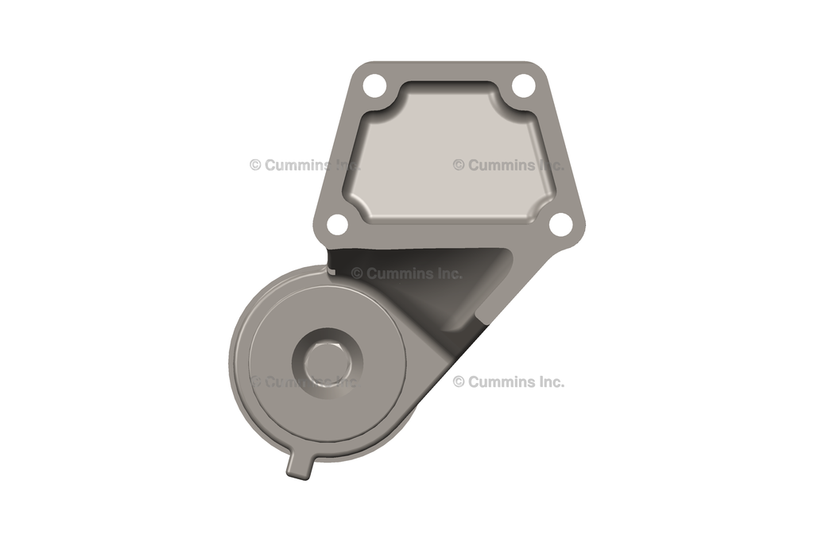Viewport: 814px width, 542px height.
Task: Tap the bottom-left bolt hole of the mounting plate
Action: (337, 225)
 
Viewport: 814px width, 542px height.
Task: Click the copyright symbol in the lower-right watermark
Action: (459, 381)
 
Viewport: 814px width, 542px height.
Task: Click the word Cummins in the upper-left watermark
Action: (293, 165)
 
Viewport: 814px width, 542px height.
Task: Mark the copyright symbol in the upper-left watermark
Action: (255, 165)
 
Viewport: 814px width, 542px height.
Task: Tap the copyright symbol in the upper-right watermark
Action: (459, 165)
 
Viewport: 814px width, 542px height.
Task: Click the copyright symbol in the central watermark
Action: (357, 273)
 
